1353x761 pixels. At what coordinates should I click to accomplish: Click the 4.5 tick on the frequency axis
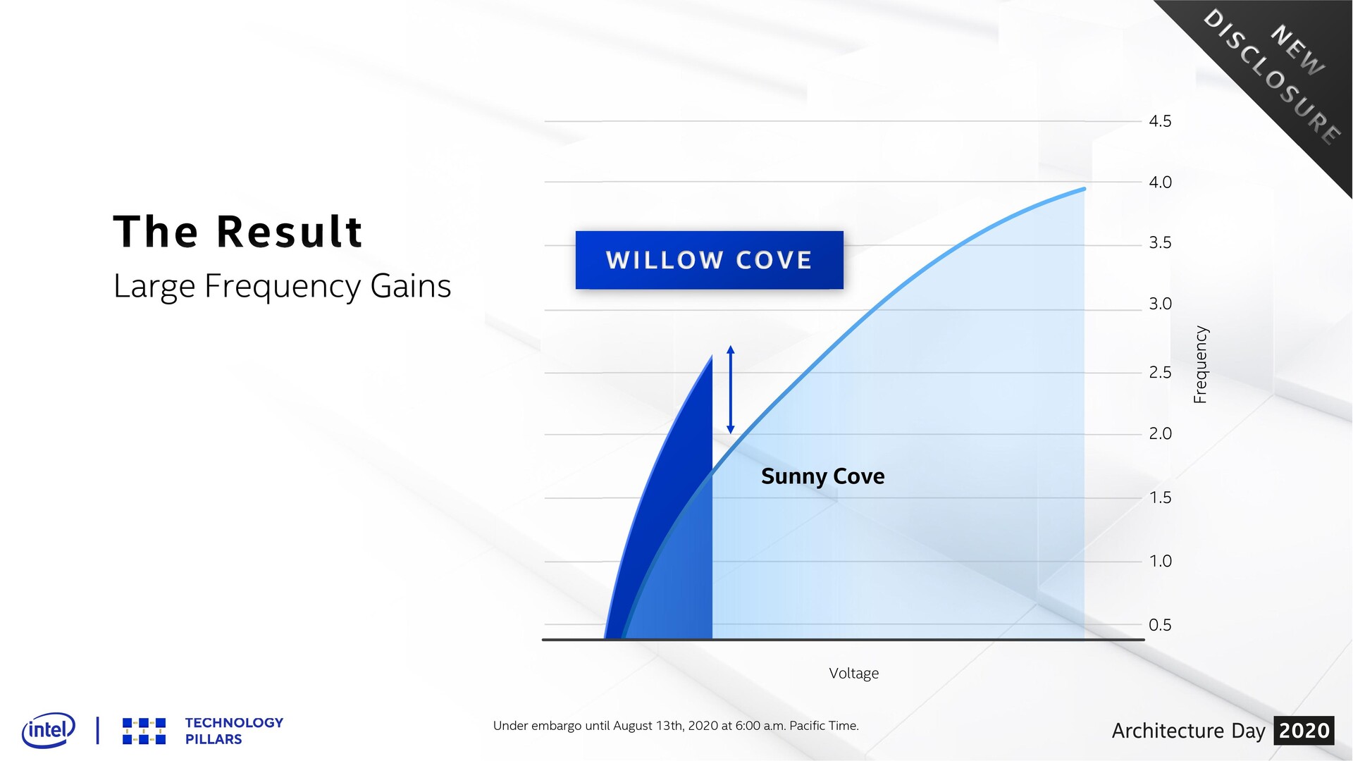1160,121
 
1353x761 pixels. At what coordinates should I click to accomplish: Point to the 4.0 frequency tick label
1160,182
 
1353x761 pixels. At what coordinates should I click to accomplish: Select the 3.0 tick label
1160,304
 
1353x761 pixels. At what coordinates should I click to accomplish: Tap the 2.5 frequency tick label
1160,372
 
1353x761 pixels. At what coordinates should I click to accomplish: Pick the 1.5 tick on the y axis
1160,497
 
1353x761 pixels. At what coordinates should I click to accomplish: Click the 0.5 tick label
1160,625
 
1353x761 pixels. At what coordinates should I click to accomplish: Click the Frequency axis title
1200,364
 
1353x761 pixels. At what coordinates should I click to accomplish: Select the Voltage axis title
853,674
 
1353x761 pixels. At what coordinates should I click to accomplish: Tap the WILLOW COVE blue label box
709,260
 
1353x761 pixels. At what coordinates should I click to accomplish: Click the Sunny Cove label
822,476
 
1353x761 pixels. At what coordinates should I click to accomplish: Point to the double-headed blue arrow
731,390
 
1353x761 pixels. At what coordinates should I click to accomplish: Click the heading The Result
237,231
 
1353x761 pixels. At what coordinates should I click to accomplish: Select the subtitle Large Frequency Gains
282,287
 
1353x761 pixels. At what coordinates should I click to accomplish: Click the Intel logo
49,730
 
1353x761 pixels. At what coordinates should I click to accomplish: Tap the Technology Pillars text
234,731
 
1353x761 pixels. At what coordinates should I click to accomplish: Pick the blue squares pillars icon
144,731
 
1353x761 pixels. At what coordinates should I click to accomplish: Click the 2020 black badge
1304,731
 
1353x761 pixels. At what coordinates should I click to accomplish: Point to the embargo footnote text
676,726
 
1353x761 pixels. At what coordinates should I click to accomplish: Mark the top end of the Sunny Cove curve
1084,189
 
